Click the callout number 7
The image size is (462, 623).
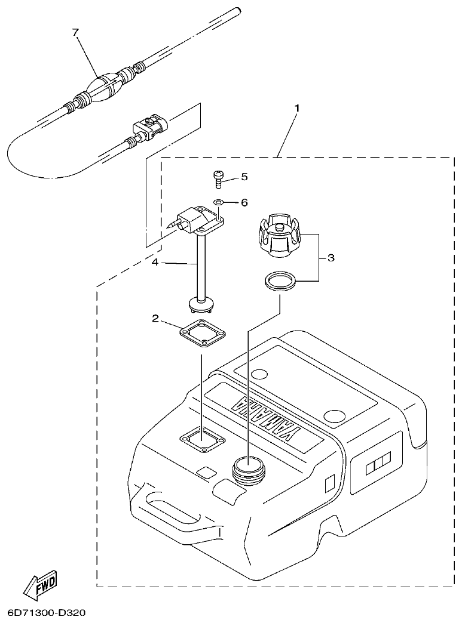click(x=75, y=33)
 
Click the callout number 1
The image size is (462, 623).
click(x=296, y=109)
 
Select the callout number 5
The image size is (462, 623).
click(x=244, y=177)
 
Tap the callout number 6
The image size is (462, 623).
click(x=244, y=203)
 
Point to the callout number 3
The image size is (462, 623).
click(x=331, y=258)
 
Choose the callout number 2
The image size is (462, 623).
click(x=155, y=319)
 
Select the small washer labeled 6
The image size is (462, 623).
click(x=219, y=203)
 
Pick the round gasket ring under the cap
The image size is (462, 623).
click(x=279, y=281)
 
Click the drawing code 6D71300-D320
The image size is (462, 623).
click(x=47, y=613)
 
